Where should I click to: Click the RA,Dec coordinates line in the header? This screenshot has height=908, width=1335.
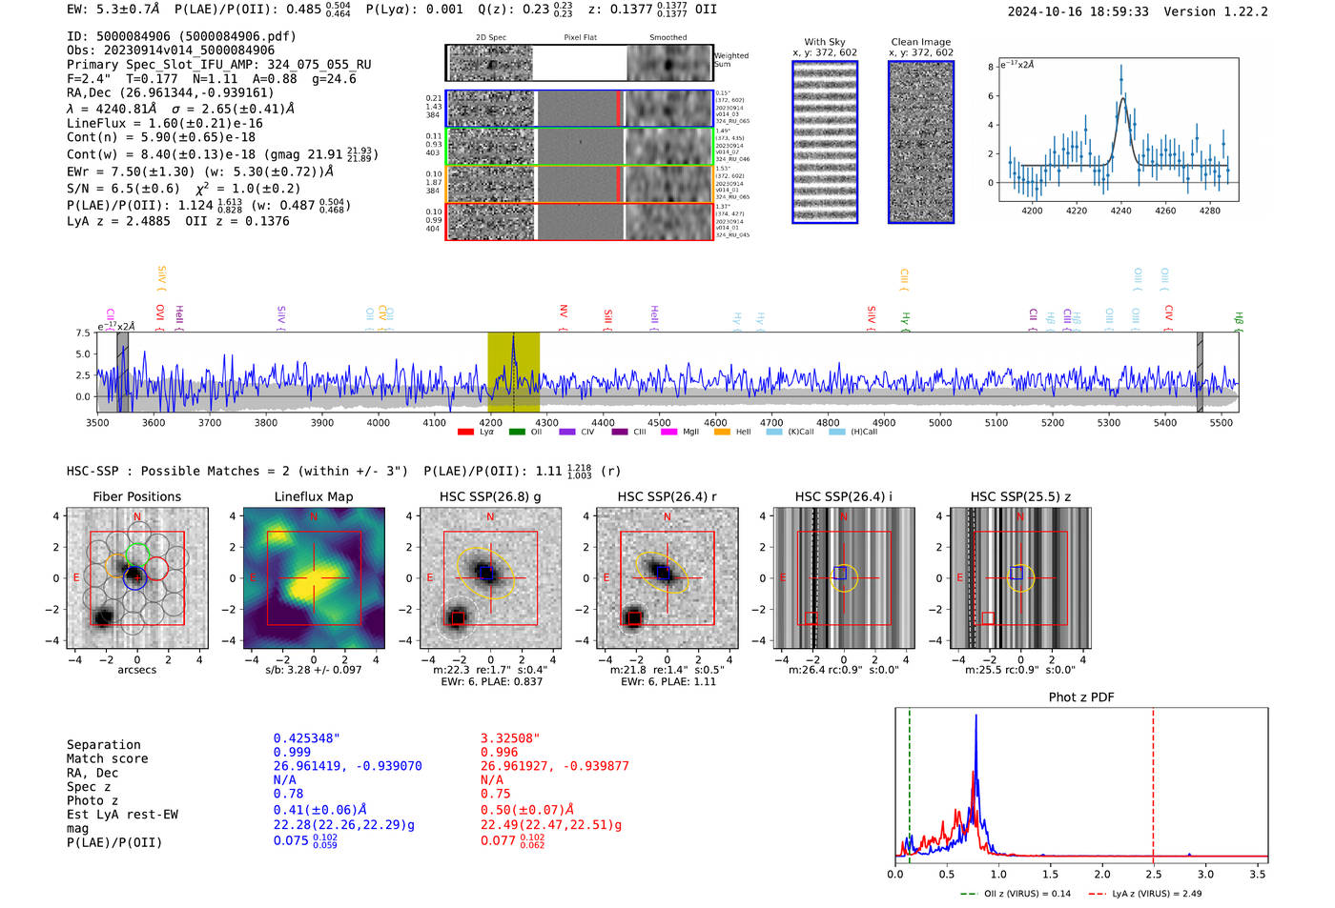(170, 92)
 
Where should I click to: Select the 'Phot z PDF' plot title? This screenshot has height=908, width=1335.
(1081, 697)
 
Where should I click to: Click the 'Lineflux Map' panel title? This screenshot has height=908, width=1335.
(314, 496)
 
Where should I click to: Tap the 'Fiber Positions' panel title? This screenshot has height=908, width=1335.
(136, 496)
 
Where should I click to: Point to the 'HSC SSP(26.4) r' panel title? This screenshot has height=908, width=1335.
(667, 496)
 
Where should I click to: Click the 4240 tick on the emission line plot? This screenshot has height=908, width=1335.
(1120, 211)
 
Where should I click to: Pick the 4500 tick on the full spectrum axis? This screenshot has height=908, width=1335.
(659, 422)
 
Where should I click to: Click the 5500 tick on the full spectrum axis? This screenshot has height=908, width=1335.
(1222, 422)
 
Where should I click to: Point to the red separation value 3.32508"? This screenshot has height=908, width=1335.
(510, 738)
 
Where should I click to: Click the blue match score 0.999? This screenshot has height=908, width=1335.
(292, 753)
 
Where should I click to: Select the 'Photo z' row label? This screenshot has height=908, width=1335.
(94, 800)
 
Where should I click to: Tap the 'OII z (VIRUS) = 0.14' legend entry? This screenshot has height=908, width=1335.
(1017, 894)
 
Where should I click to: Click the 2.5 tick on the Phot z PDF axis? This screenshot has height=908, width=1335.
(1153, 874)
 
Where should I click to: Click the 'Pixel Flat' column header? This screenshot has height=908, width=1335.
(580, 37)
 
